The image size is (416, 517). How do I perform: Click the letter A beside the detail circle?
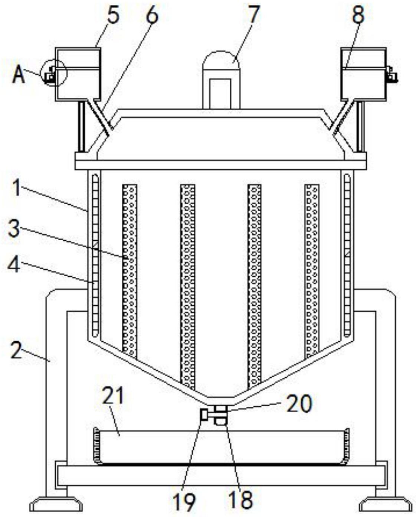click(19, 75)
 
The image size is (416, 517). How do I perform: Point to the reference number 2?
click(16, 349)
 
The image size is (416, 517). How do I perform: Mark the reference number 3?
click(14, 229)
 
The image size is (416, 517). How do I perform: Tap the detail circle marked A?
click(55, 73)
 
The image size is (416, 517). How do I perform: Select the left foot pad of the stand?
click(56, 504)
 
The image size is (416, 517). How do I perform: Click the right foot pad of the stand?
click(386, 504)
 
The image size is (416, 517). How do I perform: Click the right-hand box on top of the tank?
click(364, 74)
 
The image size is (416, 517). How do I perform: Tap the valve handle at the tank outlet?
click(204, 414)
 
